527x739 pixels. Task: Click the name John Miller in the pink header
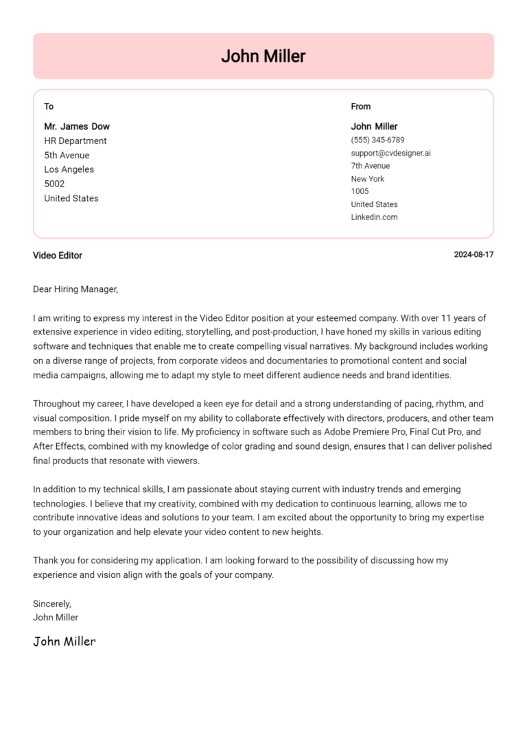pyautogui.click(x=263, y=56)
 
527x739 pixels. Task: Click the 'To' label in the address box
pyautogui.click(x=49, y=106)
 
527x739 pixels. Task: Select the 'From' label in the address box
pyautogui.click(x=360, y=106)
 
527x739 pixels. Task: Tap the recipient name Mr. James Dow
pyautogui.click(x=77, y=126)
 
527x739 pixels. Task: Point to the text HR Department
pyautogui.click(x=75, y=141)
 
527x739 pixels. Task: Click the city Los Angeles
pyautogui.click(x=69, y=169)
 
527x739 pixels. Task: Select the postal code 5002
pyautogui.click(x=54, y=184)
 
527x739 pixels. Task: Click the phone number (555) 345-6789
pyautogui.click(x=377, y=140)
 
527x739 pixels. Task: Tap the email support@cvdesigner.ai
pyautogui.click(x=390, y=153)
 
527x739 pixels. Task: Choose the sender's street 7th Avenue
pyautogui.click(x=371, y=166)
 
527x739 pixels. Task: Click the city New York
pyautogui.click(x=368, y=179)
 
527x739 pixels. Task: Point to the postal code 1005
pyautogui.click(x=360, y=191)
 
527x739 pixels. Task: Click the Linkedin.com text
pyautogui.click(x=374, y=217)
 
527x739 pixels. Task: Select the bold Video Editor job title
pyautogui.click(x=58, y=256)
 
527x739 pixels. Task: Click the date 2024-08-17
pyautogui.click(x=473, y=255)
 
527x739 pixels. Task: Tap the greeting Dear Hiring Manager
pyautogui.click(x=75, y=289)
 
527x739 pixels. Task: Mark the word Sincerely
pyautogui.click(x=52, y=604)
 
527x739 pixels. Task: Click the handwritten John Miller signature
pyautogui.click(x=65, y=642)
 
